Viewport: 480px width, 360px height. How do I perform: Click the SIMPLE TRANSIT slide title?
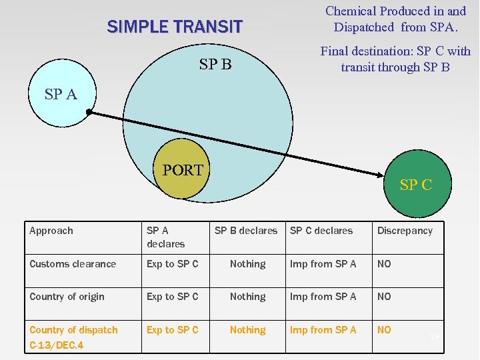[x=175, y=27]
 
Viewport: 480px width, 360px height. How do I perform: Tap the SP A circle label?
[x=61, y=95]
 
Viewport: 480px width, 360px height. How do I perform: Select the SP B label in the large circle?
[x=215, y=65]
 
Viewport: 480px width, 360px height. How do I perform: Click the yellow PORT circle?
[x=182, y=170]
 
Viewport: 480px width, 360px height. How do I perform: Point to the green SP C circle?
[x=416, y=186]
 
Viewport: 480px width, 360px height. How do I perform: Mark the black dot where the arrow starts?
[x=89, y=113]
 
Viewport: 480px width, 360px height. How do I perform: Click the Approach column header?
[x=51, y=231]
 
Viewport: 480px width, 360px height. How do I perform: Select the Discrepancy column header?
[x=405, y=231]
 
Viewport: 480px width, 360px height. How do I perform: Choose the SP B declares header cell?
[x=246, y=231]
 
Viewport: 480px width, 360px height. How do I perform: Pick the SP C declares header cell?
[x=321, y=231]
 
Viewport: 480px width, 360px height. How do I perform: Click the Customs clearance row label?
[x=73, y=264]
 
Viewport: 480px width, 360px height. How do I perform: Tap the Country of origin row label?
[x=67, y=297]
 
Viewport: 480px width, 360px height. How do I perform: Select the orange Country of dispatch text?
[x=73, y=330]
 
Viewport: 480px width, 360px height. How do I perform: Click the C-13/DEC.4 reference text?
[x=57, y=346]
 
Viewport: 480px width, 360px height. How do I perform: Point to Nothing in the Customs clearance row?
[x=247, y=264]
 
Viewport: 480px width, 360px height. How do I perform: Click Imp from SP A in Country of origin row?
[x=323, y=297]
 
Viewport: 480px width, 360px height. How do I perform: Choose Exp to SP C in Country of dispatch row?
[x=173, y=330]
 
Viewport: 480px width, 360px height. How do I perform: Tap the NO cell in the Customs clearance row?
[x=384, y=264]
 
